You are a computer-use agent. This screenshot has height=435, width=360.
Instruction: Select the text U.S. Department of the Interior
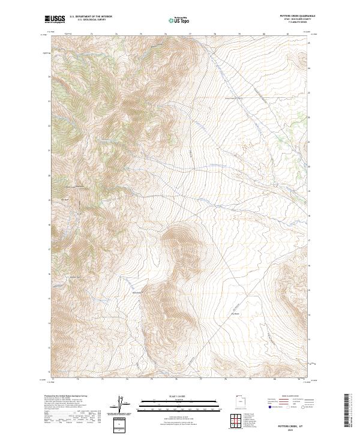click(91, 17)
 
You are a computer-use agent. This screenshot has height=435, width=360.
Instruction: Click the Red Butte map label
click(66, 195)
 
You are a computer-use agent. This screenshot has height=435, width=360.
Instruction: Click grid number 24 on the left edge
click(49, 77)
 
